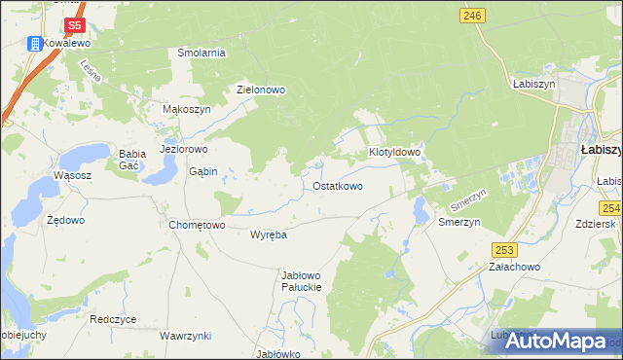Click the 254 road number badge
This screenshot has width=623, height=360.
coord(611,208)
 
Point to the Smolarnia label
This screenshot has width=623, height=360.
coord(202,53)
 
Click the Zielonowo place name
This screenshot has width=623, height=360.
coord(261,90)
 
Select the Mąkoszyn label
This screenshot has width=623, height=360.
coord(186,110)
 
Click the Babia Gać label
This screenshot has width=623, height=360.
coord(131,160)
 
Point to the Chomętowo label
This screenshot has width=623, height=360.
coord(197,225)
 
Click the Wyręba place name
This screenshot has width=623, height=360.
coord(268,234)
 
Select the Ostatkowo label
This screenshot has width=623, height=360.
coord(338,186)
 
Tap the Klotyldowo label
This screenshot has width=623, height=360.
coord(394,153)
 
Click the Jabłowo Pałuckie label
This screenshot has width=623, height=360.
coord(301,281)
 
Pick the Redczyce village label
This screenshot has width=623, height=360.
coord(113,319)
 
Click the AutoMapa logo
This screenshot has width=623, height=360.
coord(556,341)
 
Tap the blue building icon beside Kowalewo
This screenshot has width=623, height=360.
coord(34,44)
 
